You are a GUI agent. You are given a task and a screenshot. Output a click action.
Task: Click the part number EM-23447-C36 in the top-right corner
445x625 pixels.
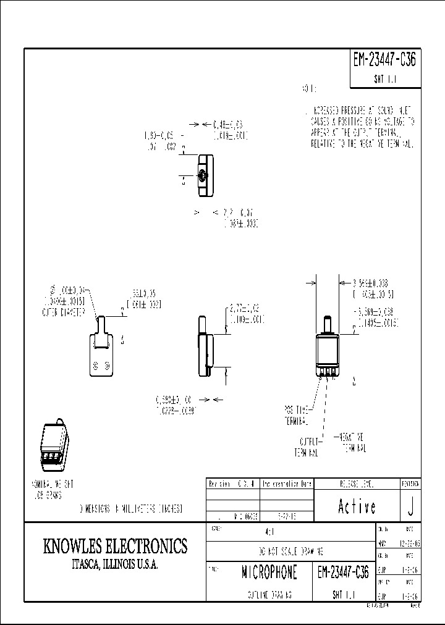385,60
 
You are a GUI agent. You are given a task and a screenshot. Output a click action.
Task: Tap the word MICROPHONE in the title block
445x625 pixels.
269,573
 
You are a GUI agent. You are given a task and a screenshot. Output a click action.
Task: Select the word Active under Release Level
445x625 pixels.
357,506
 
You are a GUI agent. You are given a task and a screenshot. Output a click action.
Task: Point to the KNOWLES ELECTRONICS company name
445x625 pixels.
115,546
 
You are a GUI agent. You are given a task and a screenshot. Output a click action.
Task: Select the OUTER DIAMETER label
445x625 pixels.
64,311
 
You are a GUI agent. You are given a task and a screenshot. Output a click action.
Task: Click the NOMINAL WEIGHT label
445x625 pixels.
56,489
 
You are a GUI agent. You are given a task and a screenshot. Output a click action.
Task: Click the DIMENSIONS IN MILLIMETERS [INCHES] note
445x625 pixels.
130,509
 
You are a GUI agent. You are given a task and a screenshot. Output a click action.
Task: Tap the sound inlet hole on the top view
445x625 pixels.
205,177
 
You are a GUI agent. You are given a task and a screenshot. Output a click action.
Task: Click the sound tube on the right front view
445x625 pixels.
327,324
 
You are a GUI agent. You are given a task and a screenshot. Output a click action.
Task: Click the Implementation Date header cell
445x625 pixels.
287,484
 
